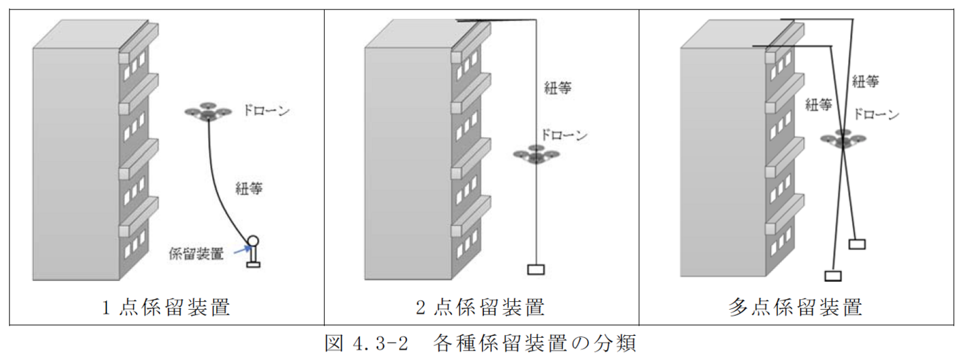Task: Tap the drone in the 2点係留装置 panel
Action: (x=536, y=154)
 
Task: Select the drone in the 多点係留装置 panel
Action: (x=843, y=139)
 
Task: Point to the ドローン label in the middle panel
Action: (x=564, y=135)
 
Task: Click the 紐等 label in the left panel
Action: (x=248, y=189)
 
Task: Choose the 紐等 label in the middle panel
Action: (x=558, y=88)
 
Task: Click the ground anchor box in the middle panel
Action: (x=536, y=270)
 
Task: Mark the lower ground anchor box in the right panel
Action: (x=833, y=275)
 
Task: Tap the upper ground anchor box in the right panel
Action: (x=858, y=244)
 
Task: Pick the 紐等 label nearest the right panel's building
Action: (x=819, y=105)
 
